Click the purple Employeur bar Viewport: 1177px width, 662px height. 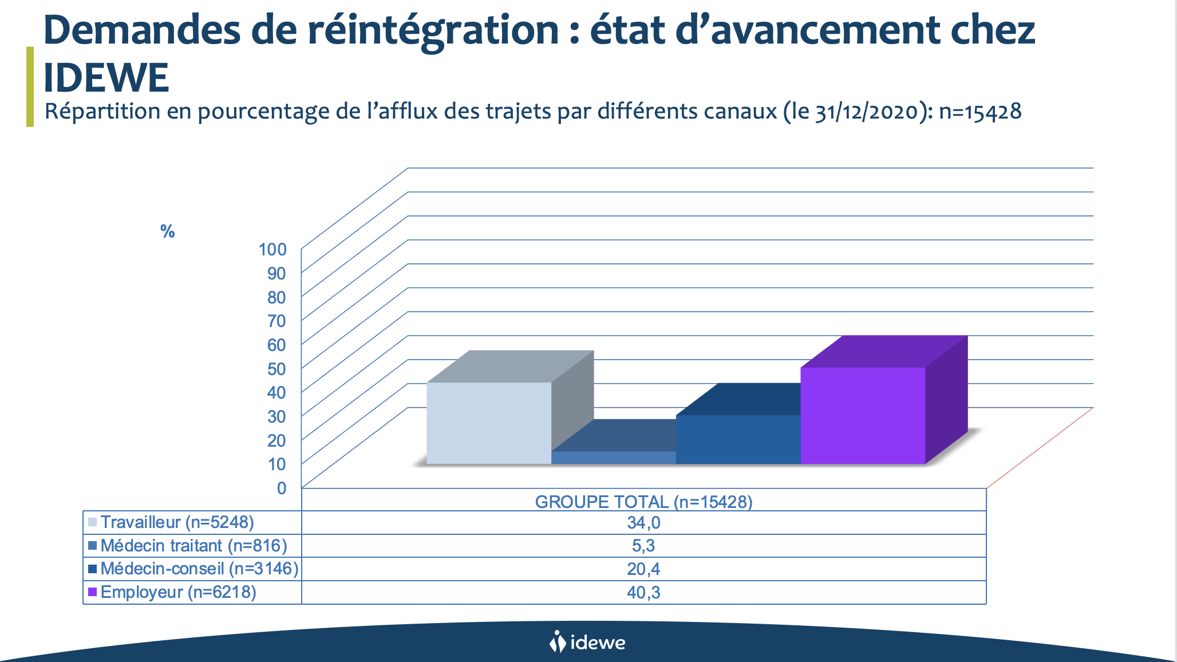tap(863, 415)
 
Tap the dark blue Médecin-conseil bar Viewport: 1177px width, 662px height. tap(738, 439)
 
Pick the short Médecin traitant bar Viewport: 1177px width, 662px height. tap(613, 458)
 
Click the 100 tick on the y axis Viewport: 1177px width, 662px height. tap(272, 249)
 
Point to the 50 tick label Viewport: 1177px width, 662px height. tap(277, 368)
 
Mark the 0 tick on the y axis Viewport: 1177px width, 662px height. tap(282, 488)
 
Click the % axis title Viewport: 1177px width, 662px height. tap(167, 231)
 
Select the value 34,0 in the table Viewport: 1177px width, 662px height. tap(643, 523)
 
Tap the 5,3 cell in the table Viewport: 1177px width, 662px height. tap(643, 546)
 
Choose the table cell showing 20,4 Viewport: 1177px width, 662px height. tap(643, 569)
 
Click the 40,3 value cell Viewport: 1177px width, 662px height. tap(643, 592)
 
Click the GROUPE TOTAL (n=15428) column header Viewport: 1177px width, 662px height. tap(643, 502)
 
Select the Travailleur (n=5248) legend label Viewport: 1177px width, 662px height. tap(177, 522)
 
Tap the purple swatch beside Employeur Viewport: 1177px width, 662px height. tap(92, 592)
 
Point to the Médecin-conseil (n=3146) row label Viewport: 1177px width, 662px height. tap(199, 569)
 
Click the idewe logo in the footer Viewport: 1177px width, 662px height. tap(587, 642)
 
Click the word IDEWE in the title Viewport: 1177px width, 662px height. tap(106, 77)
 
